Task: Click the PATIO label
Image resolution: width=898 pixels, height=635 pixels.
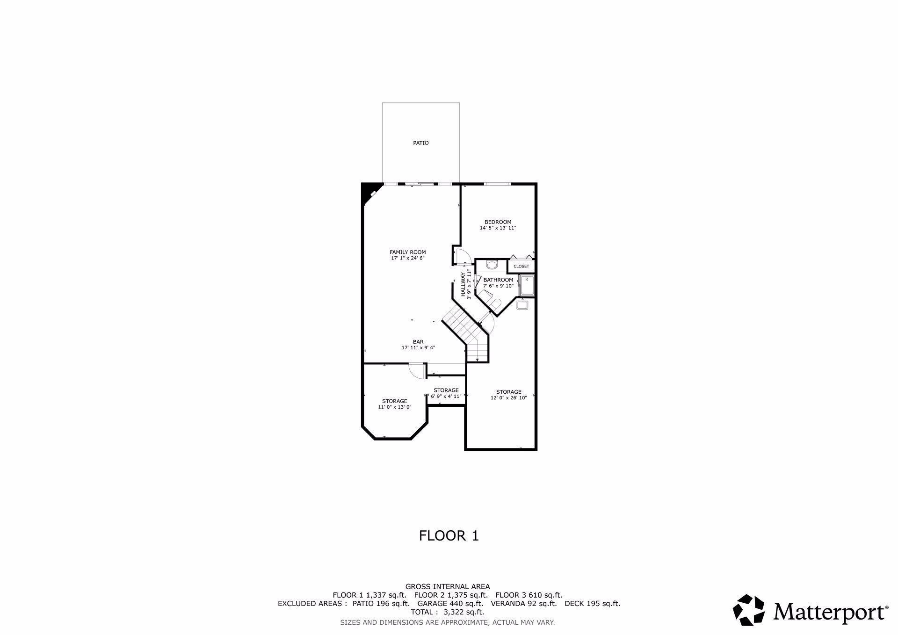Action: coord(420,143)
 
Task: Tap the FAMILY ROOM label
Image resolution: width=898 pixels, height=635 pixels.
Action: coord(408,252)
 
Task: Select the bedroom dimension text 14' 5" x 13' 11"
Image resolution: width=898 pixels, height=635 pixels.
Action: coord(498,228)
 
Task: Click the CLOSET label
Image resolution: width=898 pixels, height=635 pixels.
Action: coord(521,266)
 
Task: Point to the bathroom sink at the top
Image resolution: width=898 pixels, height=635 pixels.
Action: coord(492,266)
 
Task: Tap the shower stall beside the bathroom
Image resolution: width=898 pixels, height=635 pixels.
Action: coord(527,285)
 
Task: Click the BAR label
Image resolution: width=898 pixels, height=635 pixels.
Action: coord(418,342)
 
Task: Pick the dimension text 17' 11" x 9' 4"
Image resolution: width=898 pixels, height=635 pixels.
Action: coord(418,348)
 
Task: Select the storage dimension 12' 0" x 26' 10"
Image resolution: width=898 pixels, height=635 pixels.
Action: coord(508,398)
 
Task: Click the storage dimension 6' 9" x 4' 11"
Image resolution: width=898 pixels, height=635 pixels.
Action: coord(446,397)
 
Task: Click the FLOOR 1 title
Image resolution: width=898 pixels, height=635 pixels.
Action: coord(449,535)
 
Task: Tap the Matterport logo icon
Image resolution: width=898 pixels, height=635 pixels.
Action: coord(748,610)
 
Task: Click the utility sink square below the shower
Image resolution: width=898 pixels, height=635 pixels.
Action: coord(522,305)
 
